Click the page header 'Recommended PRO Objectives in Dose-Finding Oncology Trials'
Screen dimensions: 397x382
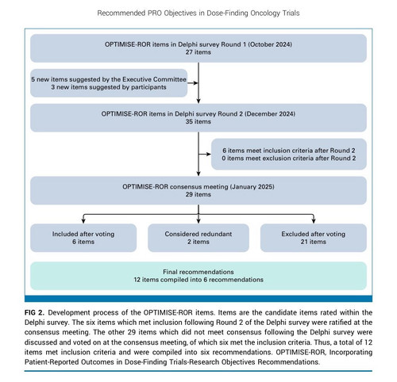click(x=198, y=13)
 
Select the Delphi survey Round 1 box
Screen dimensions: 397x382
click(x=198, y=48)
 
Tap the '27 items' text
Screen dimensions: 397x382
click(x=198, y=52)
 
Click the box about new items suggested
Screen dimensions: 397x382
click(x=109, y=83)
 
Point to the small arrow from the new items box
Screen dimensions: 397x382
click(x=193, y=83)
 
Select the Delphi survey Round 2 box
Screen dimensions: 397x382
click(x=198, y=117)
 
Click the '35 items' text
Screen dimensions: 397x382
click(x=198, y=121)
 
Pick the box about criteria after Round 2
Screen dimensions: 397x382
click(x=289, y=154)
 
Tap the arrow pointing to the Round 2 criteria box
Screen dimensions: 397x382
click(x=205, y=154)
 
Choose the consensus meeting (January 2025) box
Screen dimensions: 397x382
click(x=198, y=190)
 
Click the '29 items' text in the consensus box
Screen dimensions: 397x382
click(x=198, y=194)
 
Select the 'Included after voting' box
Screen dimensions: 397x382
click(x=83, y=238)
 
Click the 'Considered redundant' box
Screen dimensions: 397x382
click(x=198, y=238)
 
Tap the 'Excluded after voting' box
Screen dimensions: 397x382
click(x=314, y=238)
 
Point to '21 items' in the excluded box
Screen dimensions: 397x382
click(x=314, y=242)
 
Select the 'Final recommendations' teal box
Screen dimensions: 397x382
click(x=198, y=276)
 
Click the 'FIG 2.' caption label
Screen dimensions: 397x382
click(x=34, y=313)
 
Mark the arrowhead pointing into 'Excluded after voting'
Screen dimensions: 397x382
click(x=314, y=221)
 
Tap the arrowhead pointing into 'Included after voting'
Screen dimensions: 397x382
click(x=83, y=221)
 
